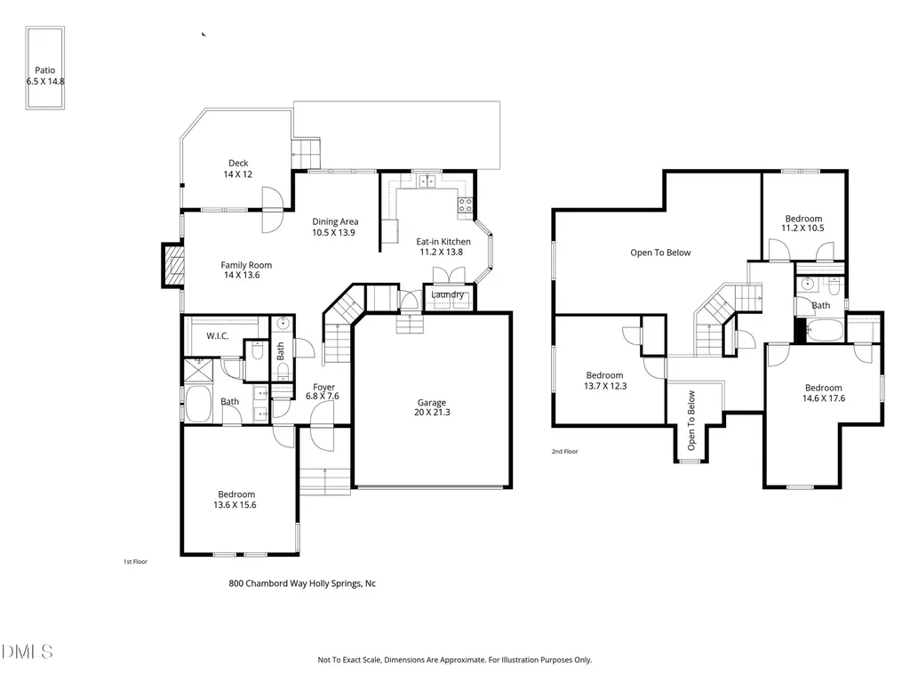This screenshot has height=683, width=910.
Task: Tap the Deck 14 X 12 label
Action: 238,168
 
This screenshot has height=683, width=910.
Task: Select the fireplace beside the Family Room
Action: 173,265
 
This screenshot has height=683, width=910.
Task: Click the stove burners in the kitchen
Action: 466,205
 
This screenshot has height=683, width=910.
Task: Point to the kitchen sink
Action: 427,181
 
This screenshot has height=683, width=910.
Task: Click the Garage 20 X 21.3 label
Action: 432,407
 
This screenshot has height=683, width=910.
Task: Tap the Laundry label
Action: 447,294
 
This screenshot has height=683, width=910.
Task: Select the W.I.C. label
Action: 218,335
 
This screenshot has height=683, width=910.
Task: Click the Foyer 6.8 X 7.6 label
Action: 323,391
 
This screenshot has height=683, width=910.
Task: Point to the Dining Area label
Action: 335,227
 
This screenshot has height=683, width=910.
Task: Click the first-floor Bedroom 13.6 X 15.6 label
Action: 235,500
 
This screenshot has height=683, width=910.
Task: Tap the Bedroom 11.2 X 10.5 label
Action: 803,223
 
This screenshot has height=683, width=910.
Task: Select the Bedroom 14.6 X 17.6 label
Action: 824,392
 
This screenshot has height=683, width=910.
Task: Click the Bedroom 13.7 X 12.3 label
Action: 604,381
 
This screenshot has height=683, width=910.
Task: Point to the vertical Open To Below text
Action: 691,420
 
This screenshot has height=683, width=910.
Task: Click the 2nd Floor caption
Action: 564,451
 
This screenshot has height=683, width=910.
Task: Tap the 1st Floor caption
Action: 135,562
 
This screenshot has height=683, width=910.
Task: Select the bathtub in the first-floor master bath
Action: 198,404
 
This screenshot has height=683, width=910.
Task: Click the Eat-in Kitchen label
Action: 443,246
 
